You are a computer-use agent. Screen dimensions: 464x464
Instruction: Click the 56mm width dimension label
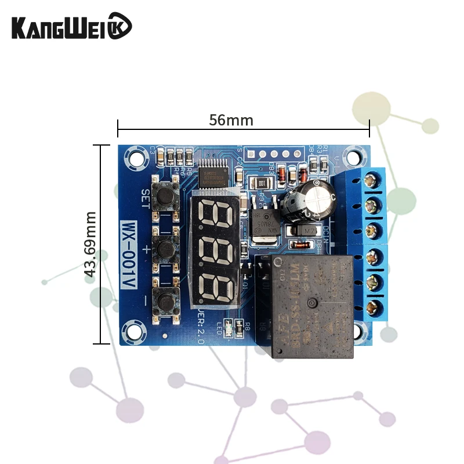[x=231, y=120]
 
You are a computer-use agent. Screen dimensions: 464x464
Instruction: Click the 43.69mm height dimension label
[x=90, y=244]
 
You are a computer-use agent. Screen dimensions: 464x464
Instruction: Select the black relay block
[x=310, y=304]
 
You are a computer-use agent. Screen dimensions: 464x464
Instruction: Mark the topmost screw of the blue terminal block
[x=376, y=178]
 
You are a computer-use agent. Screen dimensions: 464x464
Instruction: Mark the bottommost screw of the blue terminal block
[x=376, y=307]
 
